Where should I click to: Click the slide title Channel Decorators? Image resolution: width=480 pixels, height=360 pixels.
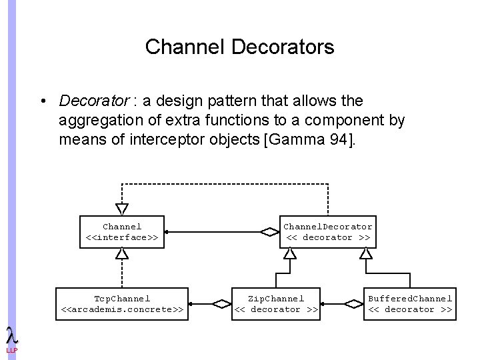click(239, 47)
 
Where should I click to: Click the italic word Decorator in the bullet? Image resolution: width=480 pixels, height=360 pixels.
click(93, 101)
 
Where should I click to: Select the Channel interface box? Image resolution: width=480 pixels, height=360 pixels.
click(122, 232)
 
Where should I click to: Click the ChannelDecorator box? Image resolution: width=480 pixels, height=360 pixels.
click(328, 232)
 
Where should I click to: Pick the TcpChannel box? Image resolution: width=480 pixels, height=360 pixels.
click(122, 304)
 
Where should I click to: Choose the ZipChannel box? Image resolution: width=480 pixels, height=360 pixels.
click(276, 304)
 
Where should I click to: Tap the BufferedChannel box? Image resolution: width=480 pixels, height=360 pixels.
click(410, 304)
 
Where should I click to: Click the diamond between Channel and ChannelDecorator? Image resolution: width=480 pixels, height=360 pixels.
click(270, 232)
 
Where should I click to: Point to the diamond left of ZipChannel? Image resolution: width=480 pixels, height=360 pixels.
click(221, 304)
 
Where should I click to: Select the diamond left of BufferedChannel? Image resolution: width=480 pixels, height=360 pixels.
click(355, 304)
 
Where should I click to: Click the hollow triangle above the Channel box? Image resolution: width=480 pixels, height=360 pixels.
click(122, 209)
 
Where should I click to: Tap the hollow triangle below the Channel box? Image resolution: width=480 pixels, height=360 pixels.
click(122, 254)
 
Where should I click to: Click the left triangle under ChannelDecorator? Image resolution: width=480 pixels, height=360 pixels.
click(290, 254)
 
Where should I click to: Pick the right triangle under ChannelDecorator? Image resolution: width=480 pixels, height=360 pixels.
click(366, 254)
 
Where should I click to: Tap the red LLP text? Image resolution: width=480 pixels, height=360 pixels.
click(11, 351)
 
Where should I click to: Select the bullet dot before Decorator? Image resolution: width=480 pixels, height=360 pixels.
click(42, 102)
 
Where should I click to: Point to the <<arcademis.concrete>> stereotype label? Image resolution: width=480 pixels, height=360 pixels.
click(122, 309)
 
